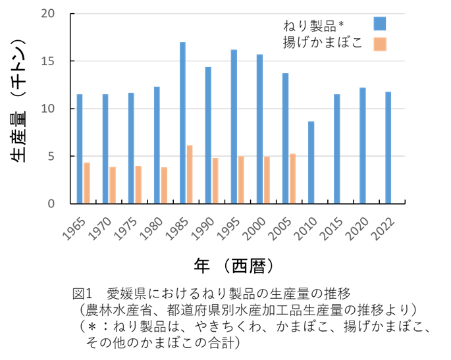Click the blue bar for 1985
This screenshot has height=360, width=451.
click(x=182, y=122)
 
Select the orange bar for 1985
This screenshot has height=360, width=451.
click(x=190, y=174)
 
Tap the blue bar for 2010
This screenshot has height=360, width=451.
click(x=311, y=162)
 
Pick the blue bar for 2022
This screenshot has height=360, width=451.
click(x=388, y=147)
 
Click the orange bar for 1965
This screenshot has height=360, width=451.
click(x=87, y=183)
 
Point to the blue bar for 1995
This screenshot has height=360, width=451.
click(x=234, y=126)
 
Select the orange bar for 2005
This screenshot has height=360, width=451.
click(x=292, y=178)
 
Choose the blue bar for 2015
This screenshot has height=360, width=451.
click(x=337, y=149)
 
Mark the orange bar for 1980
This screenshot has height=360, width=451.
click(x=164, y=185)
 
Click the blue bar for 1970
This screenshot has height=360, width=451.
click(x=105, y=149)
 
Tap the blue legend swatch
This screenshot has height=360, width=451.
click(x=380, y=24)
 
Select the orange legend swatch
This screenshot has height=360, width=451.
click(x=380, y=44)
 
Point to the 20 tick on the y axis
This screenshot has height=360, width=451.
click(x=47, y=14)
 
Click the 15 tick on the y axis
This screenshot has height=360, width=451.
click(x=47, y=61)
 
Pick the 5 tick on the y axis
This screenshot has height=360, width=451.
click(x=51, y=157)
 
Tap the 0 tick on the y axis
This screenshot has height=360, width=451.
click(x=51, y=203)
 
